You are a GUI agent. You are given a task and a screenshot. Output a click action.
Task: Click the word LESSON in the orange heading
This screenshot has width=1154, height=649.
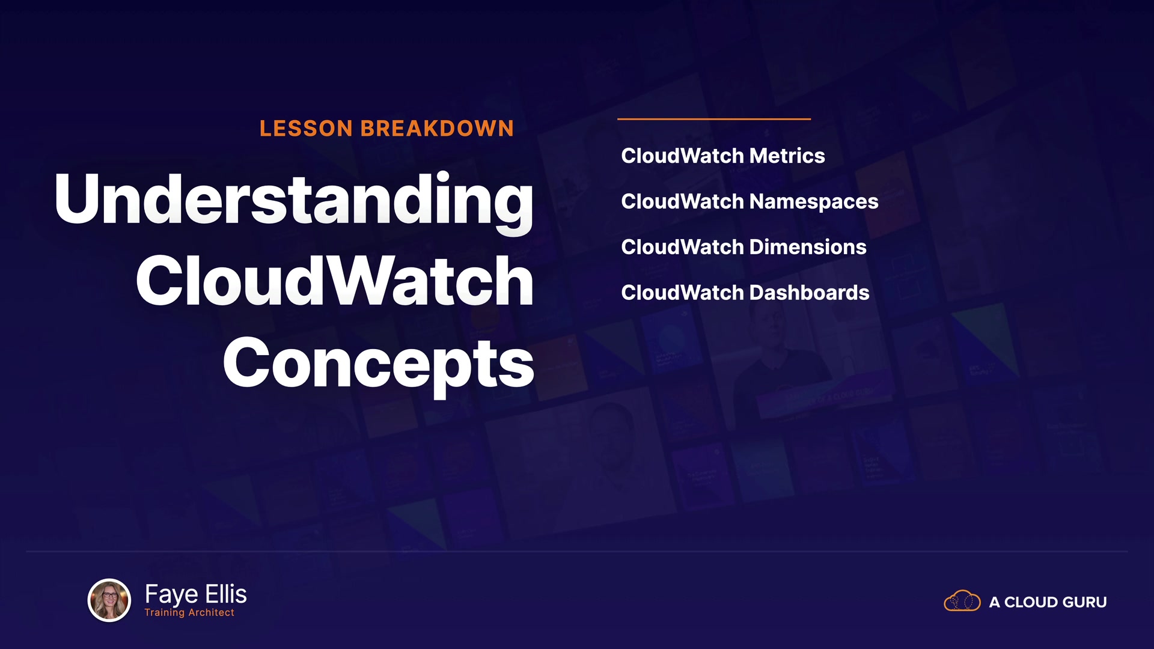[x=306, y=129]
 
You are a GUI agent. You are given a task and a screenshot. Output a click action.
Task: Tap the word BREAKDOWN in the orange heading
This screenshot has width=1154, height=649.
[x=437, y=129]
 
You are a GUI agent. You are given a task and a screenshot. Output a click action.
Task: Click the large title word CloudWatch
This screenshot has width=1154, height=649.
[x=335, y=281]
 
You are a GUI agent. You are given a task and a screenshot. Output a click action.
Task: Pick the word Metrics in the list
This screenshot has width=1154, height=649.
[x=787, y=156]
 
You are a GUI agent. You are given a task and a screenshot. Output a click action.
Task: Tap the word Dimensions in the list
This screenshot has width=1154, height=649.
[x=808, y=247]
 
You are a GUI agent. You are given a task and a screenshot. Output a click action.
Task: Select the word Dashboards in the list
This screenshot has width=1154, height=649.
[x=809, y=293]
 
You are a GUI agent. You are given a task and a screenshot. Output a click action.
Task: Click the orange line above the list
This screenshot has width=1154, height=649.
[x=714, y=119]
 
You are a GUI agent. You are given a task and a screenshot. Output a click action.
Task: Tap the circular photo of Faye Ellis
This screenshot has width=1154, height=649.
[x=109, y=600]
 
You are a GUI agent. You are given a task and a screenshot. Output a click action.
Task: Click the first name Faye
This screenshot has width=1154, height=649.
[x=171, y=595]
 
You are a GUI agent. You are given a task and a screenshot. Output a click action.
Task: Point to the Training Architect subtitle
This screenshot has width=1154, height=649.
[x=189, y=612]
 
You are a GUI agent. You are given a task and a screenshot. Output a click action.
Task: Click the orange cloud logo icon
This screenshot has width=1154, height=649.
[x=962, y=601]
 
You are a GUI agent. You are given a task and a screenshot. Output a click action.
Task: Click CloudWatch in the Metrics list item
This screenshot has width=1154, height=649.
[x=683, y=156]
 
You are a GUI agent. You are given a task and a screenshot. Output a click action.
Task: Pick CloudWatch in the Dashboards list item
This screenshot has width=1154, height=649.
[x=683, y=293]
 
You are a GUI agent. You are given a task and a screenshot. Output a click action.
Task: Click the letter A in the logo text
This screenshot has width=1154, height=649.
[x=995, y=602]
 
